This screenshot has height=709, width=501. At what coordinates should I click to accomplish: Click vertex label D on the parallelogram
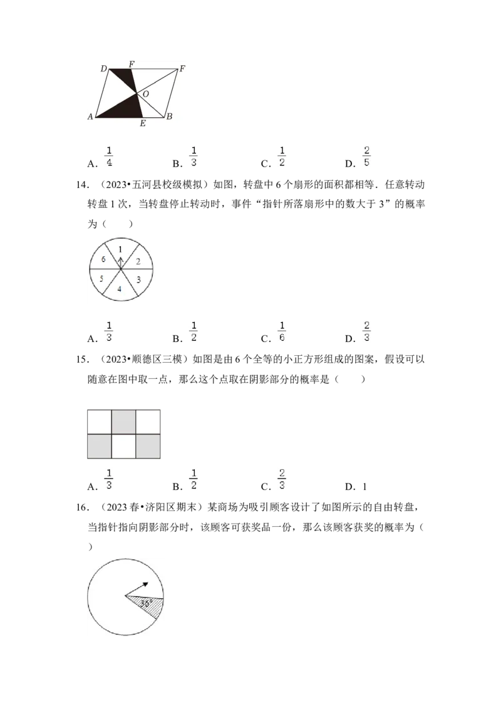click(x=103, y=69)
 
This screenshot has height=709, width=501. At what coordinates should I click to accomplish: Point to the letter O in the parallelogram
click(x=145, y=94)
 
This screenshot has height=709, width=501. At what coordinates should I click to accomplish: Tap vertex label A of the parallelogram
click(x=90, y=116)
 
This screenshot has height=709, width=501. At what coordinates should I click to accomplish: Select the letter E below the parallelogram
click(x=143, y=123)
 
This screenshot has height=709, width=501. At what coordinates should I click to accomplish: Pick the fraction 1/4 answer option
click(x=109, y=157)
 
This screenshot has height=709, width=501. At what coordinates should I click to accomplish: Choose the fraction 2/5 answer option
click(x=366, y=157)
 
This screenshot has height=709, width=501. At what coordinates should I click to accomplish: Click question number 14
click(x=82, y=185)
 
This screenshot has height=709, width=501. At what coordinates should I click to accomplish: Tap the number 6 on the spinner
click(x=103, y=259)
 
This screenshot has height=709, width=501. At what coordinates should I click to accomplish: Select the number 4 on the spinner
click(x=120, y=289)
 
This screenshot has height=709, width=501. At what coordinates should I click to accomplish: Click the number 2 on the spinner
click(x=138, y=261)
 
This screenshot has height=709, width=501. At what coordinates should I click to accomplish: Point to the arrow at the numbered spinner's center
click(x=121, y=263)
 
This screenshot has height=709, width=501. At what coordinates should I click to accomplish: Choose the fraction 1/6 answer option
click(x=282, y=331)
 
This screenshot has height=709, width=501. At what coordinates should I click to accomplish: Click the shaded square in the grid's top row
click(x=123, y=422)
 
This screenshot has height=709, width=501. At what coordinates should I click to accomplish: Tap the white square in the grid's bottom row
click(x=123, y=447)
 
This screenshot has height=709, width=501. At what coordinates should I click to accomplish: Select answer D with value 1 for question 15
click(x=356, y=487)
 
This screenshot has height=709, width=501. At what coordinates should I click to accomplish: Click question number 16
click(x=82, y=507)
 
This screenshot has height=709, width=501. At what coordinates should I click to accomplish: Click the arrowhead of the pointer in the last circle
click(x=145, y=584)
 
